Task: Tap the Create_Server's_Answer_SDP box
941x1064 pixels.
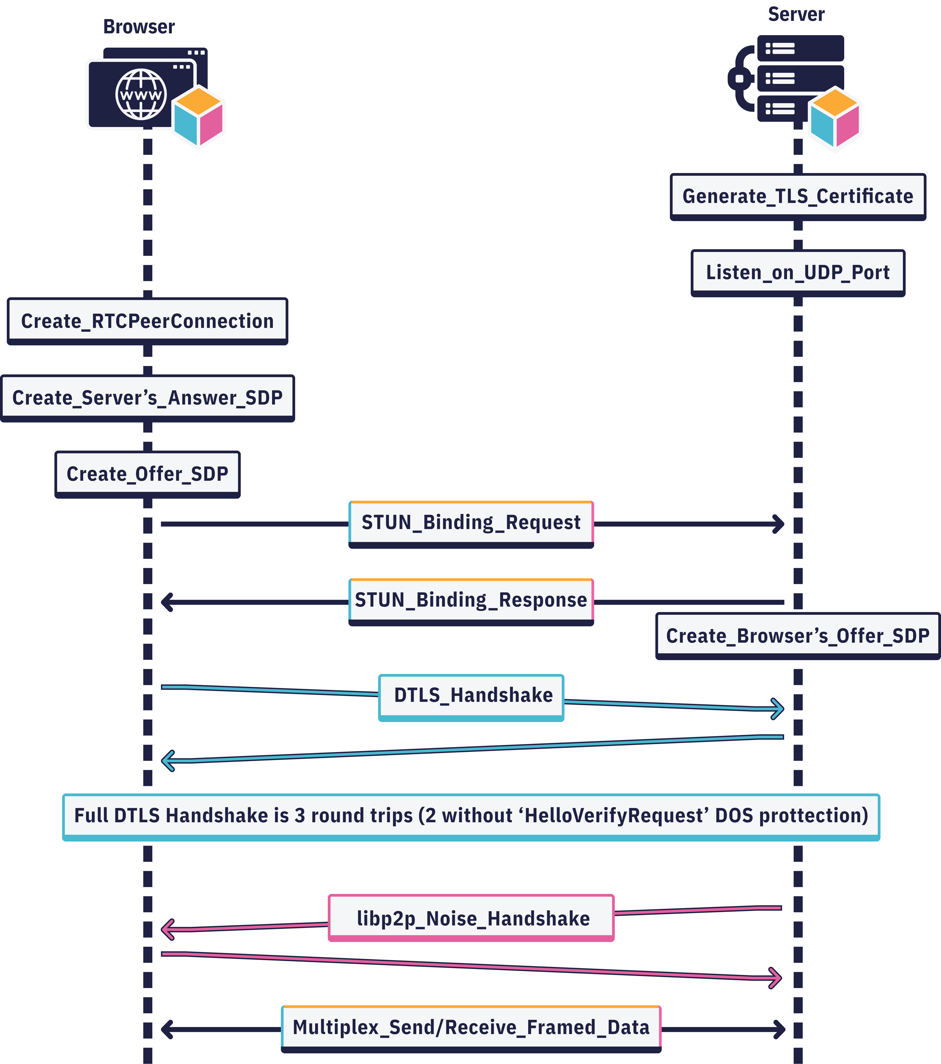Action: coord(147,398)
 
